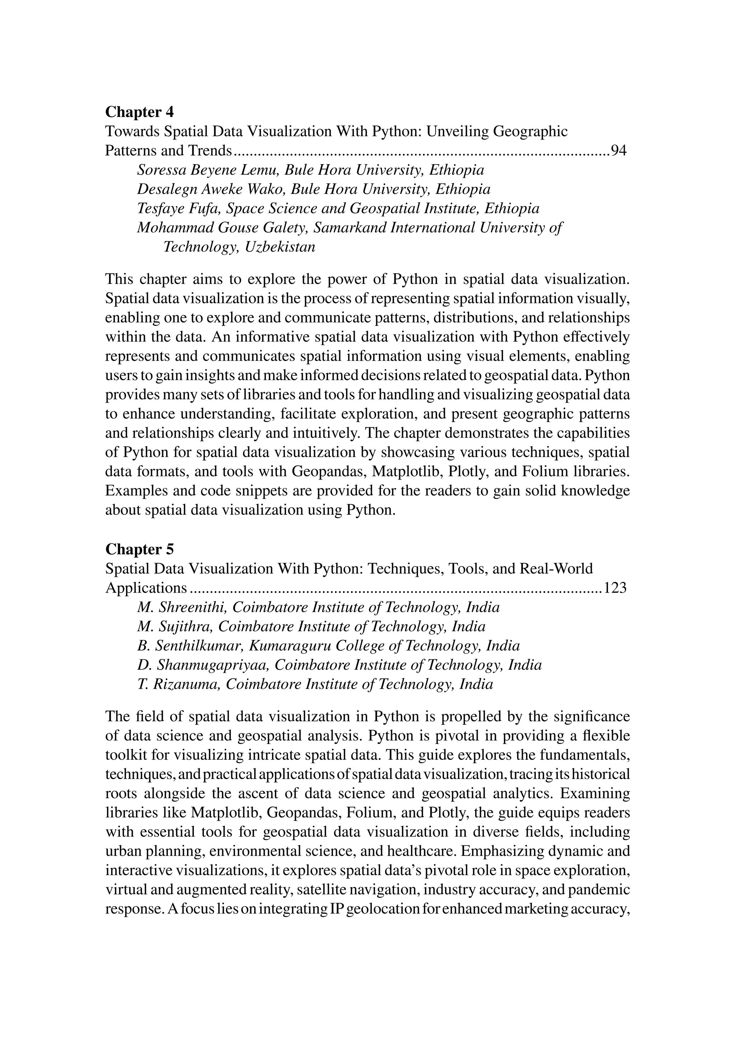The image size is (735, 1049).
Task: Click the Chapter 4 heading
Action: point(140,112)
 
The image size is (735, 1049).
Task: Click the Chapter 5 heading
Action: point(140,549)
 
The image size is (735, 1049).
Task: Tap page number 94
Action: point(619,151)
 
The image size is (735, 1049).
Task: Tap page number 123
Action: point(615,588)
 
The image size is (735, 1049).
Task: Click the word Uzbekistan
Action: point(280,247)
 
